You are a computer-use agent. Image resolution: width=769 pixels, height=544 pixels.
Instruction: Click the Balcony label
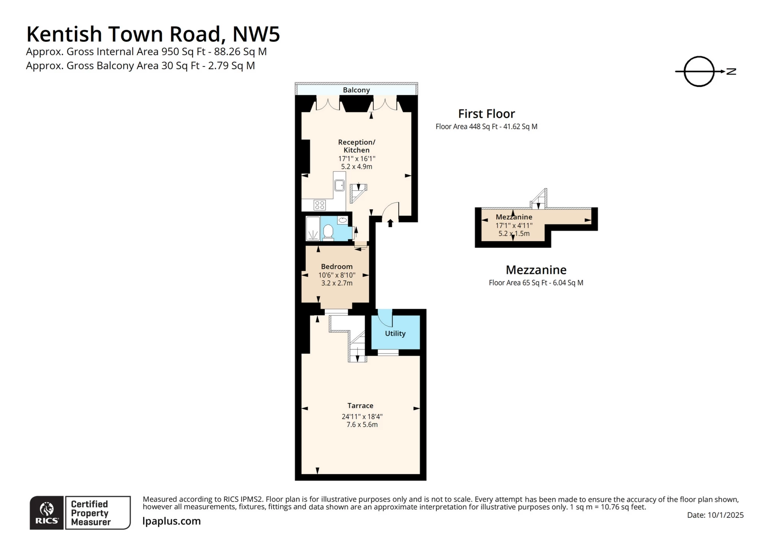coord(356,90)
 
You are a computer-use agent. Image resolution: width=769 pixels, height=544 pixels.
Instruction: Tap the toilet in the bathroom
coord(328,231)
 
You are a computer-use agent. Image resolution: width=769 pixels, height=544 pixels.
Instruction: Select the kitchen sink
coord(339,185)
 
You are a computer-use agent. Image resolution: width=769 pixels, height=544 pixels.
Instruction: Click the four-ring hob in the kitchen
coord(319,205)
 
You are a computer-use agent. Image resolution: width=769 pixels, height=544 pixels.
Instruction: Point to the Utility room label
coord(395,333)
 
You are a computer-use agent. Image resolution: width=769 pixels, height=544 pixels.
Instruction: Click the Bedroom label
coord(336,266)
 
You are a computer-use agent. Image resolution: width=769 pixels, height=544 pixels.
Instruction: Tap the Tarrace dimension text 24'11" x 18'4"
coord(362,416)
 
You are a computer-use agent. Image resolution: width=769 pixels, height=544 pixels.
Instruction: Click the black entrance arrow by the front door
coord(390,223)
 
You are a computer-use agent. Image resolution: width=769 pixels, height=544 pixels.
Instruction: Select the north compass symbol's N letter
coord(731,71)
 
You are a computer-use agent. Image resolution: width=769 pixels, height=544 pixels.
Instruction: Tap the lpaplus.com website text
coord(171,521)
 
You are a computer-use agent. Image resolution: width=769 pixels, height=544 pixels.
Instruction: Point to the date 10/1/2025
coord(725,515)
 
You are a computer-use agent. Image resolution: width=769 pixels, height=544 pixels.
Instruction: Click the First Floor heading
coord(486,114)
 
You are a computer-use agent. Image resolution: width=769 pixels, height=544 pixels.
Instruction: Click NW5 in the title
coord(256,34)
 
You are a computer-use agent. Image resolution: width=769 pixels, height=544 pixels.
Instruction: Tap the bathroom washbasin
coord(343,220)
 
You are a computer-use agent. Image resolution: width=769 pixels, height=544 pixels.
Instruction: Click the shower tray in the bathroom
coord(313,229)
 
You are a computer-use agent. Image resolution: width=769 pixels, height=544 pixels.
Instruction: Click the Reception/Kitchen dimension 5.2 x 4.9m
coord(356,166)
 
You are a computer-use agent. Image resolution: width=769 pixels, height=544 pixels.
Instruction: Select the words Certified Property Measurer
coord(90,513)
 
